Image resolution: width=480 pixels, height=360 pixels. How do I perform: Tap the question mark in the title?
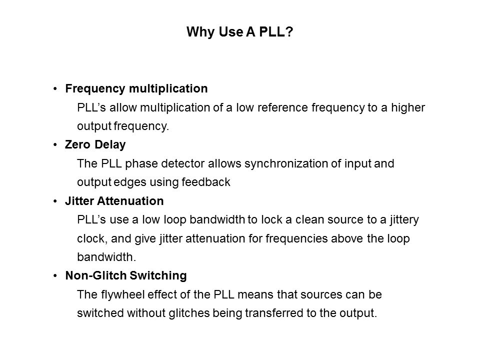[x=289, y=31]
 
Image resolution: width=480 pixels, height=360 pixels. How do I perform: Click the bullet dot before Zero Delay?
[x=55, y=145]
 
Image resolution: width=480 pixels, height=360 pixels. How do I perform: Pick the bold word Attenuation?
[x=130, y=201]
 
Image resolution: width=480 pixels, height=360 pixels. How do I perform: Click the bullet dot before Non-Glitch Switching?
[x=55, y=276]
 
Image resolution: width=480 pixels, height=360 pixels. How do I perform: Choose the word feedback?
[x=205, y=182]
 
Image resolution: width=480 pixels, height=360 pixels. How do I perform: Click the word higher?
[x=408, y=108]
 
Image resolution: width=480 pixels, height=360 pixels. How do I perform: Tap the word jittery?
[x=404, y=220]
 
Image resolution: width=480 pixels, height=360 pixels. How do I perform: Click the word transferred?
[x=274, y=313]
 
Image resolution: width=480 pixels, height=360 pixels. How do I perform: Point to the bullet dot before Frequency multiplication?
[x=55, y=89]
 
